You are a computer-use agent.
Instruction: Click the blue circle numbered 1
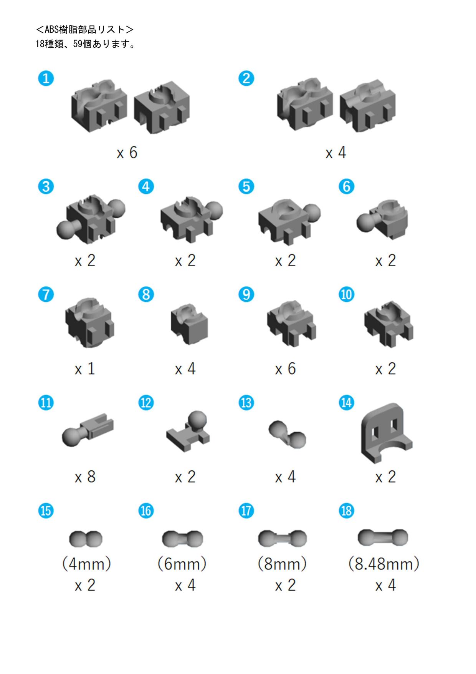click(46, 78)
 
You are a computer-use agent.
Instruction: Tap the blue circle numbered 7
click(46, 295)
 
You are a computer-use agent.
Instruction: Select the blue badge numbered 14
click(346, 403)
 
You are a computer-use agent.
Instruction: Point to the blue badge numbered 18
click(346, 511)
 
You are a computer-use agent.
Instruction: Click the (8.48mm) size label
click(384, 564)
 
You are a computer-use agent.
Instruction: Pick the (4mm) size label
click(86, 564)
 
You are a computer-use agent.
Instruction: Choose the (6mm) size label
click(182, 564)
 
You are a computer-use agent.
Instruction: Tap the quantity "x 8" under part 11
click(85, 477)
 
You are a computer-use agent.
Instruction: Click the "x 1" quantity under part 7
click(84, 369)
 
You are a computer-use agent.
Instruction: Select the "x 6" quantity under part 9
click(285, 369)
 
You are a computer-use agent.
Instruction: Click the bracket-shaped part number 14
click(386, 433)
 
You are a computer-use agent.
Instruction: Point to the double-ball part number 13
click(287, 434)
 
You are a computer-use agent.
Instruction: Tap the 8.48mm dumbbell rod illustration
click(383, 537)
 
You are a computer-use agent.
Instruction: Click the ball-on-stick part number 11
click(88, 430)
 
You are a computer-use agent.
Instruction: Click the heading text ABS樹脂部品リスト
click(85, 30)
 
